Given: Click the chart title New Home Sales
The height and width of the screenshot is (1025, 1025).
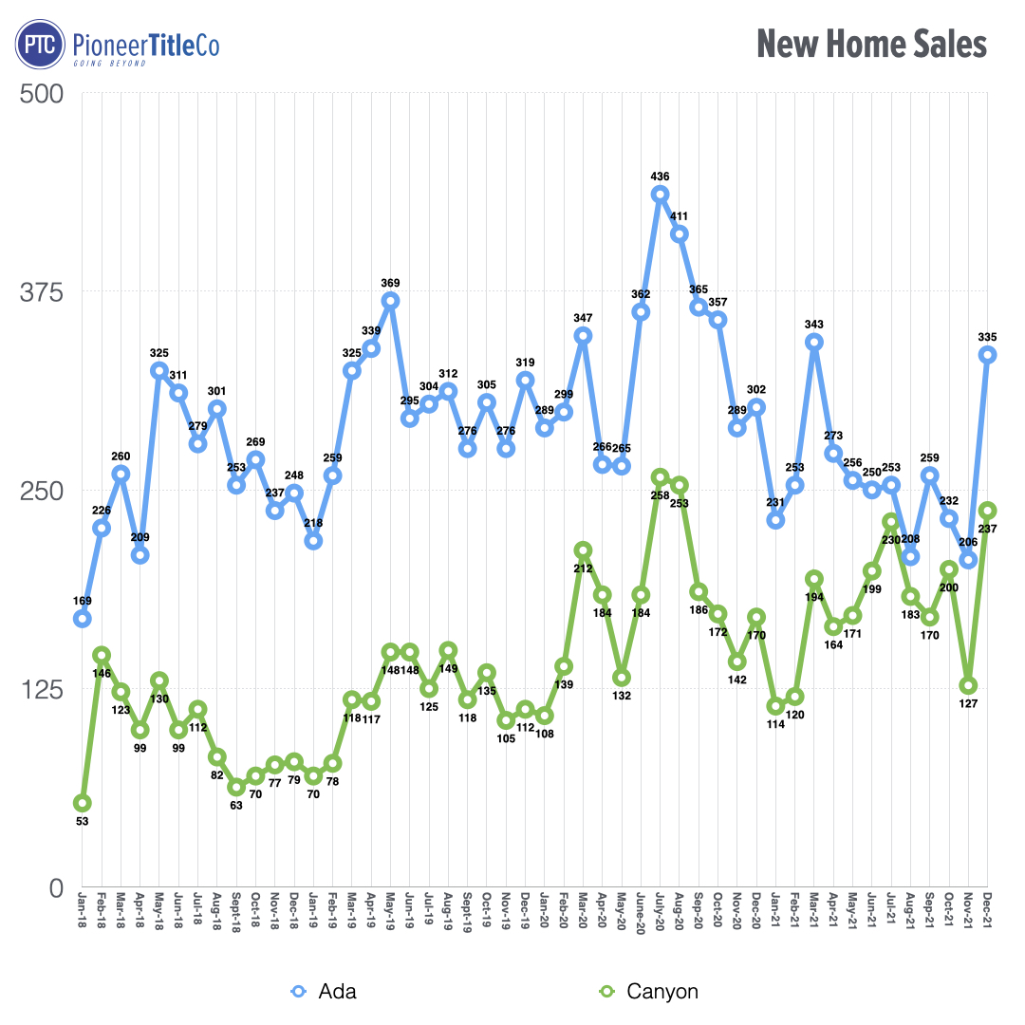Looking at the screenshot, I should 871,45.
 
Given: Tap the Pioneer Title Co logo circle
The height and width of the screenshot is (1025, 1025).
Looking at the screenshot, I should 39,46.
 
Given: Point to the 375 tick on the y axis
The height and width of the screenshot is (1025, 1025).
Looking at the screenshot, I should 42,292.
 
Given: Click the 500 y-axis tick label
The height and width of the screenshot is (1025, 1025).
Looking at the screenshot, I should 42,94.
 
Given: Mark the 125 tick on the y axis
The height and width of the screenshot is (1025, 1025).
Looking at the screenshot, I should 42,689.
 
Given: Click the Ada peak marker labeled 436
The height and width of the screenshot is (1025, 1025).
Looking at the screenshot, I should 660,195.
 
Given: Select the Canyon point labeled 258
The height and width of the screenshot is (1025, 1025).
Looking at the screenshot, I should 660,477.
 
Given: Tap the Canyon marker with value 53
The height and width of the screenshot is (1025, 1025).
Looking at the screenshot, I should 83,803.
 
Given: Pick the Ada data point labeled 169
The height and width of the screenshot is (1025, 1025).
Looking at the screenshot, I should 83,619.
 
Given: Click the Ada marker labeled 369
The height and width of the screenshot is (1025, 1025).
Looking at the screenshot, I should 390,301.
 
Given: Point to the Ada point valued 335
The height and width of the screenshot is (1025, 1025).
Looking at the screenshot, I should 987,355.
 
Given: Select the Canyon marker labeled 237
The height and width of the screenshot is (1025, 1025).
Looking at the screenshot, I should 987,511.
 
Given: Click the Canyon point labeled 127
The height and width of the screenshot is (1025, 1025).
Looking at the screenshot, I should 968,685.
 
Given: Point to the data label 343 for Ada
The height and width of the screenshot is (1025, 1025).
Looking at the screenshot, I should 813,324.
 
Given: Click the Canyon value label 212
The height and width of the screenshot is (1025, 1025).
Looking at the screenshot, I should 583,568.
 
